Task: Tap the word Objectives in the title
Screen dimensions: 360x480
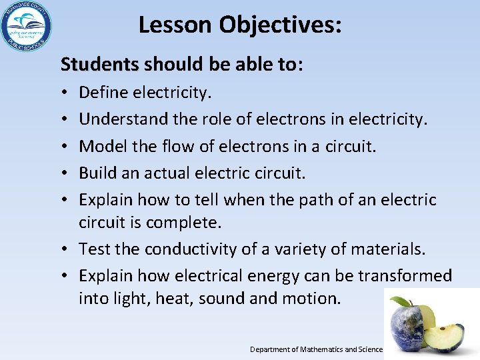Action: (x=281, y=25)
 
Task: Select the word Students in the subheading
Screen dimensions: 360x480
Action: (x=99, y=64)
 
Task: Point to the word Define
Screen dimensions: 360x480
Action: (x=101, y=92)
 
